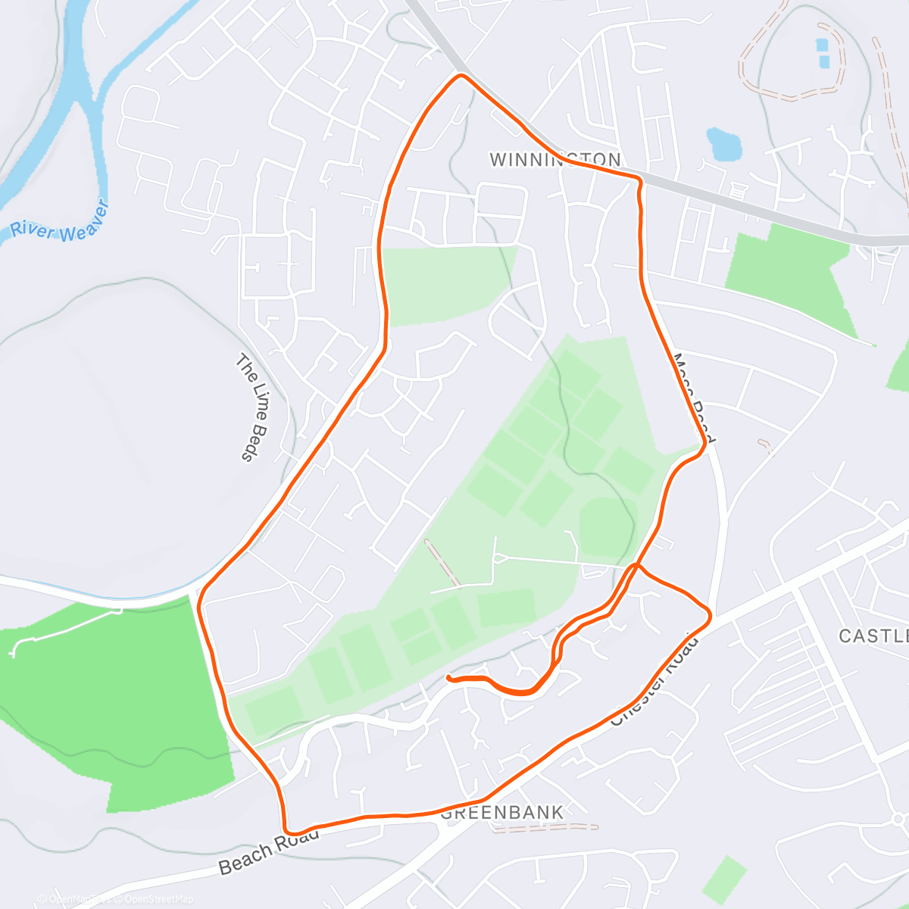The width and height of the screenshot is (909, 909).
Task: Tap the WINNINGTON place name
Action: pos(555,160)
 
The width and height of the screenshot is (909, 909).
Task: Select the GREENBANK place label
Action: pos(502,813)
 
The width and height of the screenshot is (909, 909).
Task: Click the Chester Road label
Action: pos(653,681)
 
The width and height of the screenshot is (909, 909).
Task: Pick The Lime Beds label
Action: pos(253,407)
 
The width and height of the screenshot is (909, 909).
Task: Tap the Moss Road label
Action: pos(693,398)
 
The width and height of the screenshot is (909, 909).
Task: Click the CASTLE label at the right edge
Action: pos(873,636)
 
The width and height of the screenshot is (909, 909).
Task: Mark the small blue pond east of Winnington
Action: pos(723,144)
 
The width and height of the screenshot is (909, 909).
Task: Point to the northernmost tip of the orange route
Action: pos(461,76)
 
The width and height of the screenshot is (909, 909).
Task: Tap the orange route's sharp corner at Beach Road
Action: pos(286,829)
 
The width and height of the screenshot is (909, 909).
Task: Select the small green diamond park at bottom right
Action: pos(726,879)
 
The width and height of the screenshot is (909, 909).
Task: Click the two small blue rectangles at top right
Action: pos(823,52)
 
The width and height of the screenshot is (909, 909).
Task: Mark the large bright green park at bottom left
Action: pos(114,697)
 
